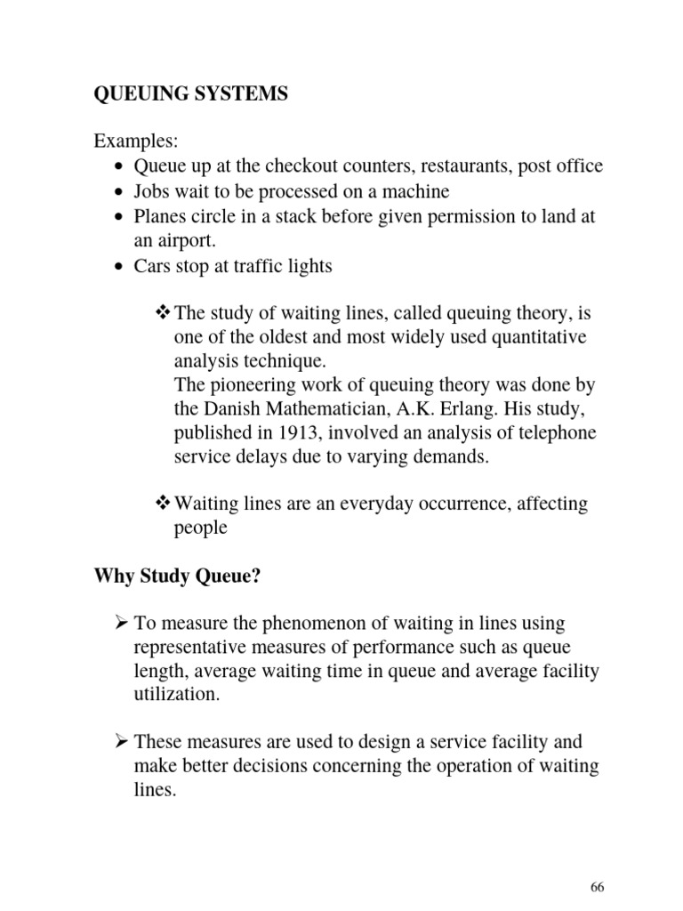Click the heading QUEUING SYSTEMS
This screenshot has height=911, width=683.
[190, 94]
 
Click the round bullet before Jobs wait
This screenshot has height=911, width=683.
[120, 192]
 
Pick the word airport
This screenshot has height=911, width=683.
[186, 240]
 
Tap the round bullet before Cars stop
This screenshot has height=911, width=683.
[120, 266]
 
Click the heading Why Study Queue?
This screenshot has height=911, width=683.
[177, 576]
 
